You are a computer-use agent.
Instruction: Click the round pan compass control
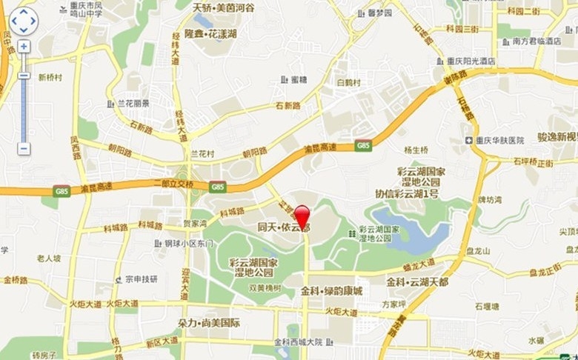(x=23, y=21)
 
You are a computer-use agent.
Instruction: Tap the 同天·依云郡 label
(x=284, y=227)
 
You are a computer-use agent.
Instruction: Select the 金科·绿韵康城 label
(x=331, y=291)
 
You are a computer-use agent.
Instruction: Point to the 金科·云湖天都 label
(x=416, y=281)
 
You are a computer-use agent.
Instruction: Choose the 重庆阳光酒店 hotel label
(x=471, y=61)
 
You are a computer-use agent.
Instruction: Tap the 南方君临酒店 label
(x=537, y=41)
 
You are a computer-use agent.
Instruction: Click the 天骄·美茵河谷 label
(x=223, y=7)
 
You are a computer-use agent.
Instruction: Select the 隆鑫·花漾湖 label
(x=210, y=35)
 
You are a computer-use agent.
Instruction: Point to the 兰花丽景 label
(x=133, y=104)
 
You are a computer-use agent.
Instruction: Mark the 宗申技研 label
(x=141, y=279)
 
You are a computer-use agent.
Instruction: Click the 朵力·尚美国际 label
(x=209, y=323)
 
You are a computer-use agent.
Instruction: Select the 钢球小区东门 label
(x=188, y=243)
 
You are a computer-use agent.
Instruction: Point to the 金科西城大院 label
(x=298, y=342)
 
